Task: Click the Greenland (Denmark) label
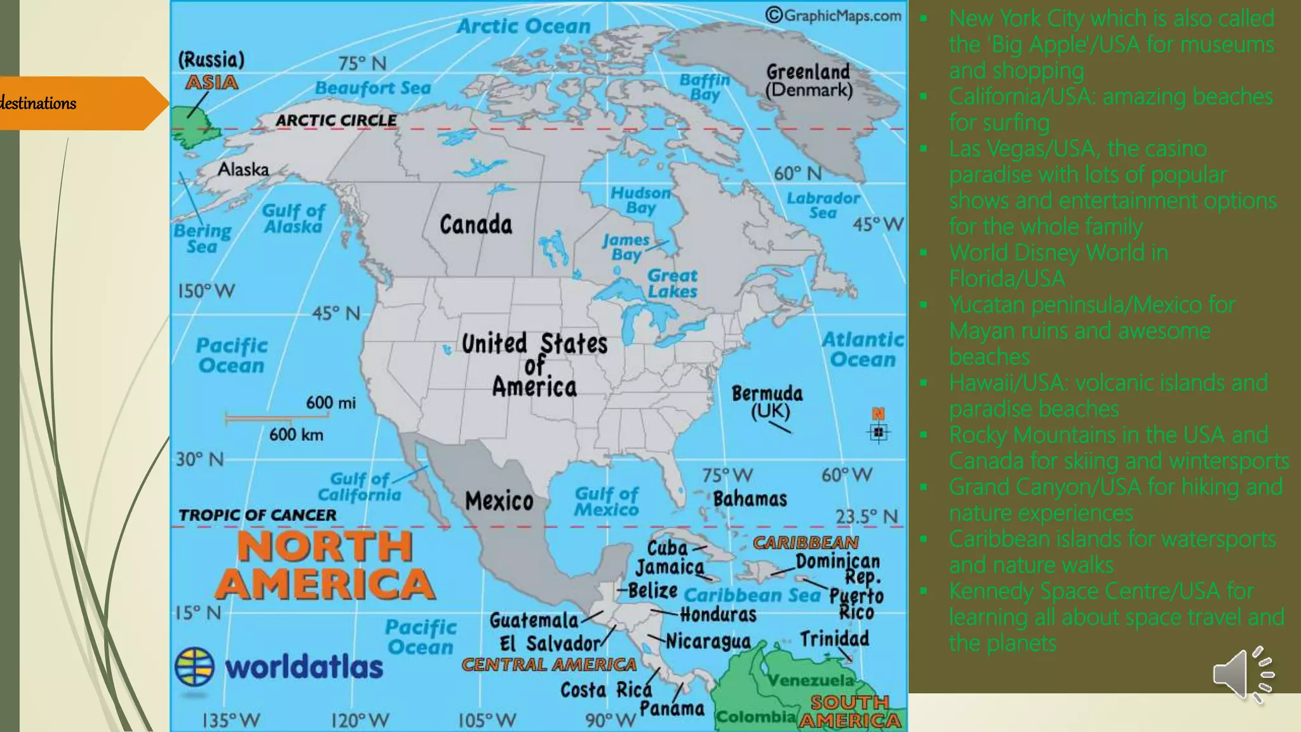[x=809, y=81]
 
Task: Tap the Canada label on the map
[x=476, y=225]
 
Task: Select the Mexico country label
[x=499, y=501]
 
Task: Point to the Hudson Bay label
[x=640, y=200]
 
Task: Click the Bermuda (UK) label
[x=767, y=402]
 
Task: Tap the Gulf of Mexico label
[x=607, y=501]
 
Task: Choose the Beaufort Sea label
[x=373, y=88]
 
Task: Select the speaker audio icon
[x=1243, y=675]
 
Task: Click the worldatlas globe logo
[x=194, y=667]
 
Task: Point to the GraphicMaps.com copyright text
[x=833, y=15]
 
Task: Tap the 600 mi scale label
[x=331, y=403]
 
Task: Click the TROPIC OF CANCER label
[x=257, y=515]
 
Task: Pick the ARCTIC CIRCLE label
[x=336, y=121]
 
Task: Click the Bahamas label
[x=750, y=499]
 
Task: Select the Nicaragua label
[x=708, y=642]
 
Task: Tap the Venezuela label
[x=811, y=681]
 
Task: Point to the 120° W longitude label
[x=360, y=721]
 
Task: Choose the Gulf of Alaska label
[x=293, y=219]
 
